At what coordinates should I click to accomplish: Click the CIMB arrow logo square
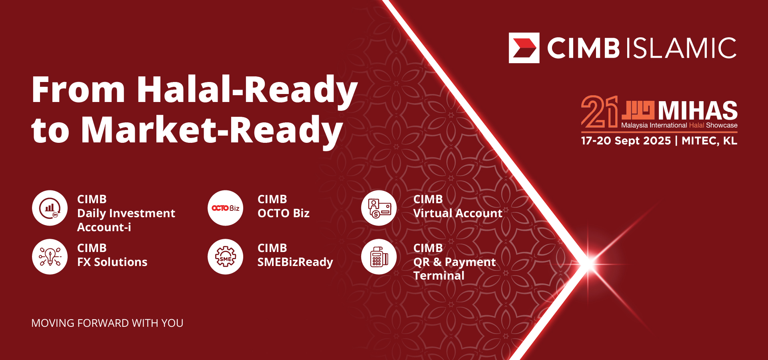(524, 48)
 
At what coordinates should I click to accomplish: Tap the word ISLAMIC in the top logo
(681, 48)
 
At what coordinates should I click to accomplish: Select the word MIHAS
(698, 110)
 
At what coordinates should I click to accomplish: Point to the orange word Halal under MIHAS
(696, 125)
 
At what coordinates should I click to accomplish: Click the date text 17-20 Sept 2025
(626, 141)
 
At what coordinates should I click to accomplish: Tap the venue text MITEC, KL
(710, 141)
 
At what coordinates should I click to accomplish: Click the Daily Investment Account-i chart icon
(50, 208)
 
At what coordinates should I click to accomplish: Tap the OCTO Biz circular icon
(226, 208)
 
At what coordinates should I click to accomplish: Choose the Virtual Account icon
(379, 208)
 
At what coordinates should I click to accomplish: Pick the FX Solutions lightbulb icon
(50, 257)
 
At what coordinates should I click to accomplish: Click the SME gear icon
(226, 257)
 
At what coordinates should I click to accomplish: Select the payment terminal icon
(379, 257)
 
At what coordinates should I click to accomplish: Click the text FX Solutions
(112, 262)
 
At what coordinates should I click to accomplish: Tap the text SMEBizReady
(295, 262)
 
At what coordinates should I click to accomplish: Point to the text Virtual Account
(458, 213)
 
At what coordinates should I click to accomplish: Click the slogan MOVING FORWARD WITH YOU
(107, 323)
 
